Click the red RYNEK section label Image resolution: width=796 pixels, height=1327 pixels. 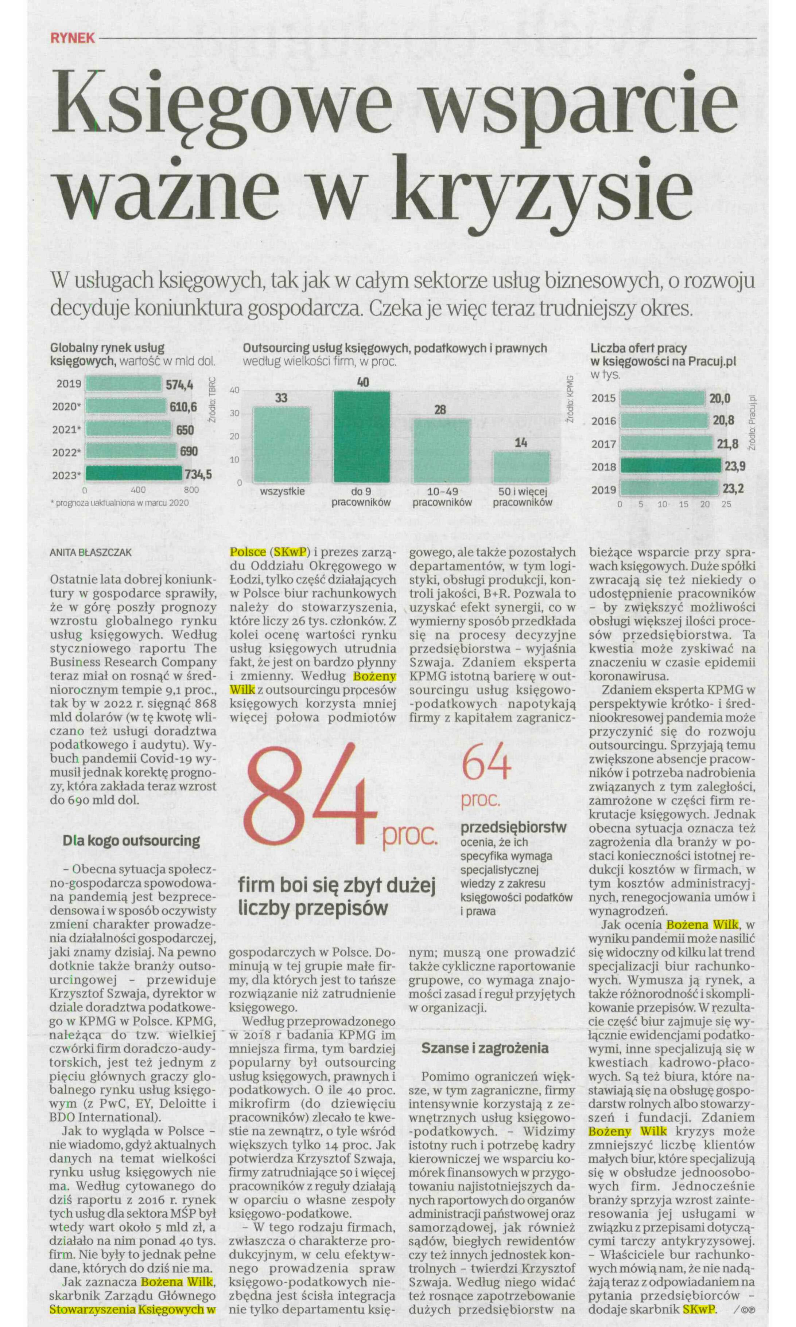73,38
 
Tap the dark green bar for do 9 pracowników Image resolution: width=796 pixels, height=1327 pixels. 362,437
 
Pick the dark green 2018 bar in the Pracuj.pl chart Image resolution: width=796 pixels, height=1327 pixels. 671,466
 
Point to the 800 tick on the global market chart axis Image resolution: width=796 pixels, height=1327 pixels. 191,490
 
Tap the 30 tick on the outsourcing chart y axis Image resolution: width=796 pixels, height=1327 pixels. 235,413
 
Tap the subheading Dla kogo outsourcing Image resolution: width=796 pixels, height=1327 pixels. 131,840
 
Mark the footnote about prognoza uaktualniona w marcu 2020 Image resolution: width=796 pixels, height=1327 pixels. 119,503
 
